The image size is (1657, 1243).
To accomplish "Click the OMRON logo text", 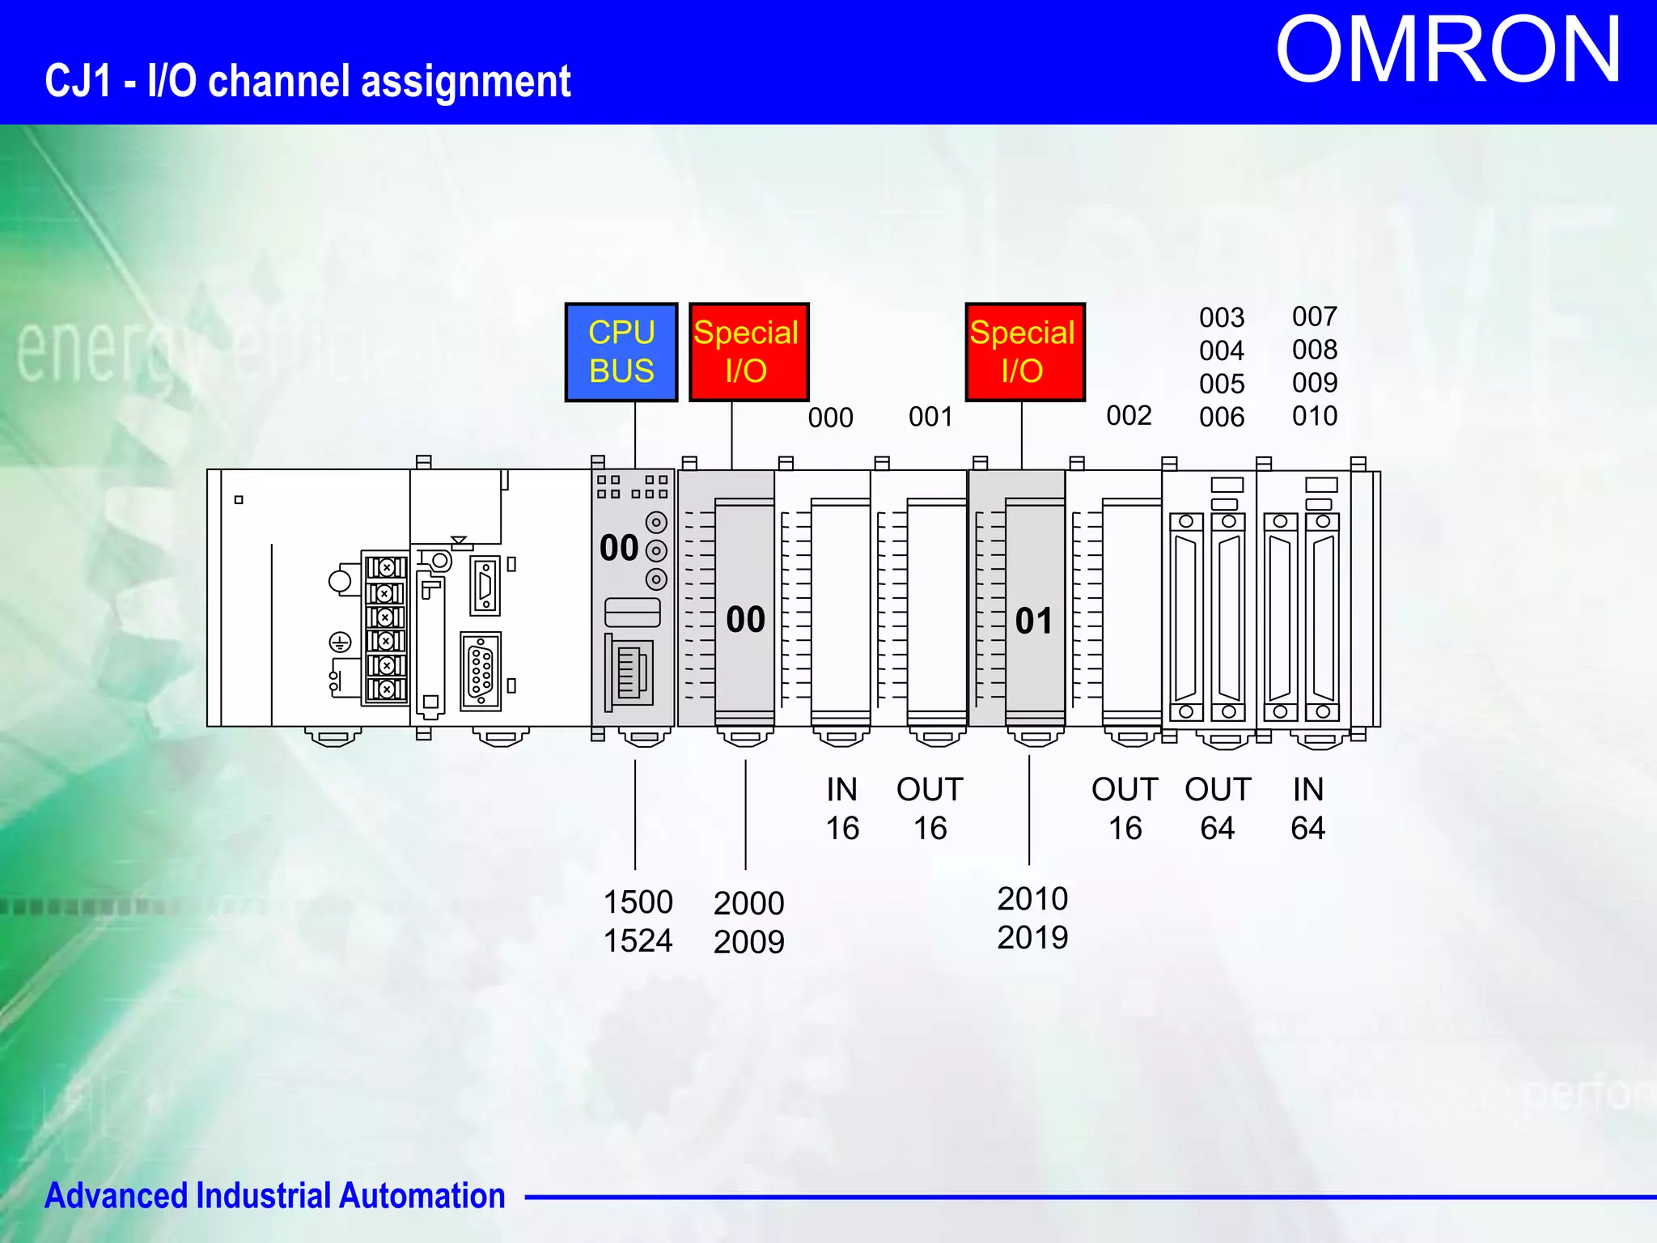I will point(1447,51).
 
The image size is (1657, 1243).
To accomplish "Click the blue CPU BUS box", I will point(621,352).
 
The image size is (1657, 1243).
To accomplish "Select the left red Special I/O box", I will point(748,352).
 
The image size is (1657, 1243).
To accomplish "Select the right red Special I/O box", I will point(1024,352).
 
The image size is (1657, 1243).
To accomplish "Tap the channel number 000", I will point(830,418).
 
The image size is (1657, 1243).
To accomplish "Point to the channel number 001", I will point(930,417).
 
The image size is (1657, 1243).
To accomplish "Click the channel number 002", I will point(1129,415).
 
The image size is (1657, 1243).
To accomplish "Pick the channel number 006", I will point(1222,417).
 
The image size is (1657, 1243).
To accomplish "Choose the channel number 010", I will point(1315,416).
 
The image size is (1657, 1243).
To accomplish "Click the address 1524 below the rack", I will point(638,940).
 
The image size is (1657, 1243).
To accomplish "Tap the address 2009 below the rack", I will point(748,942).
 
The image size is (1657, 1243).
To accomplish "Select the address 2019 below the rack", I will point(1032,938).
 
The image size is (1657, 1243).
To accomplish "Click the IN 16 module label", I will point(841,808).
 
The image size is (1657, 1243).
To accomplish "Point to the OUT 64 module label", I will point(1218,808).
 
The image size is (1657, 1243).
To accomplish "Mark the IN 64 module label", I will point(1307,808).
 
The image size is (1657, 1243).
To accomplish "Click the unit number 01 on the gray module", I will point(1034,621).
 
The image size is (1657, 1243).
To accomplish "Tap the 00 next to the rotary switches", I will point(619,548).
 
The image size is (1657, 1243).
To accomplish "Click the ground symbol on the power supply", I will point(340,643).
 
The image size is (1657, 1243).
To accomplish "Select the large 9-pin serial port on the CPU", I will point(481,672).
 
